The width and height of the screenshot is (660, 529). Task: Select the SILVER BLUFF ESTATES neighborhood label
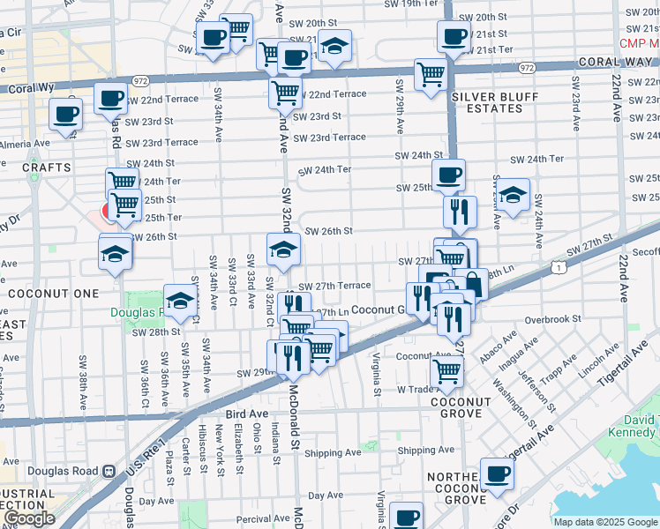coord(487,102)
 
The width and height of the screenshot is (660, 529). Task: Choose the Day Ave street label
coord(326,496)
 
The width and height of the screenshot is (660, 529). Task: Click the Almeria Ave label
coord(25,144)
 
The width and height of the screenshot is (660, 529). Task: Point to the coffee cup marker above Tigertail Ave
coord(498,474)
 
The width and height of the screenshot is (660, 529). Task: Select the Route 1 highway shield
coord(558,266)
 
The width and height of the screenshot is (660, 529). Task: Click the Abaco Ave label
coord(498,346)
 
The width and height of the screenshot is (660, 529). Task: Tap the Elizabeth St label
coord(238,438)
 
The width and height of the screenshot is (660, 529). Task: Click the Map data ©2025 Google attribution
coord(605,522)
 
